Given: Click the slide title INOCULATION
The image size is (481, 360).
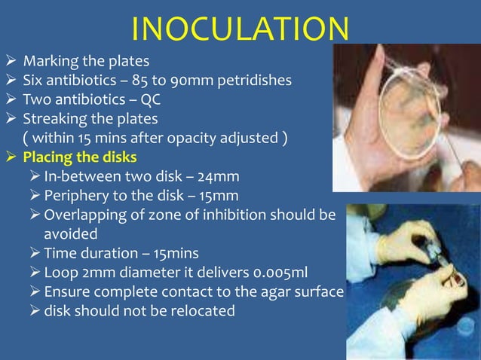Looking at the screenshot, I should (x=240, y=29).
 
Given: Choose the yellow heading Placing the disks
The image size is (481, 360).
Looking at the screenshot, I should (x=81, y=157).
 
